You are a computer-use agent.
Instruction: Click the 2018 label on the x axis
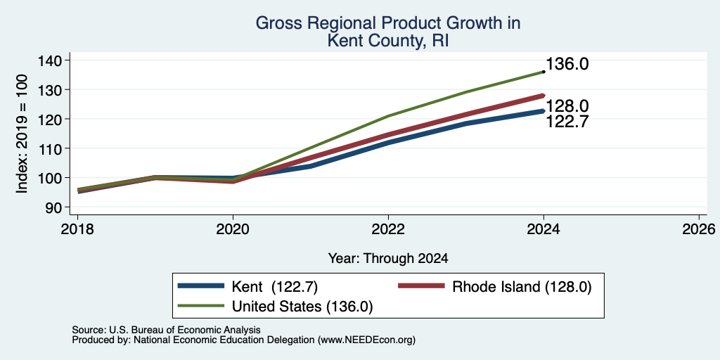point(77,229)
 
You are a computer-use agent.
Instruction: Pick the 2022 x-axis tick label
point(388,229)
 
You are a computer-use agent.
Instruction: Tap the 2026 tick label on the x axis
point(699,229)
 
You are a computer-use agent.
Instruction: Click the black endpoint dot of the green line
point(544,72)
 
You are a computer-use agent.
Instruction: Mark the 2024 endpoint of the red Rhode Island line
point(544,96)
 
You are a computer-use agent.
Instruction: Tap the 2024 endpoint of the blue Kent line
point(544,111)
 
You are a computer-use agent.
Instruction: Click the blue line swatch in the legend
point(200,287)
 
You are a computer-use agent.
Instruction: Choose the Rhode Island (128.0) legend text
point(522,287)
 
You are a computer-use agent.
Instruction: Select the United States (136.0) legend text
point(302,307)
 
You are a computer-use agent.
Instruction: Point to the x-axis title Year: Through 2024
point(388,259)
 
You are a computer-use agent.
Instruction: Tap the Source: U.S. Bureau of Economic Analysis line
point(166,330)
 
